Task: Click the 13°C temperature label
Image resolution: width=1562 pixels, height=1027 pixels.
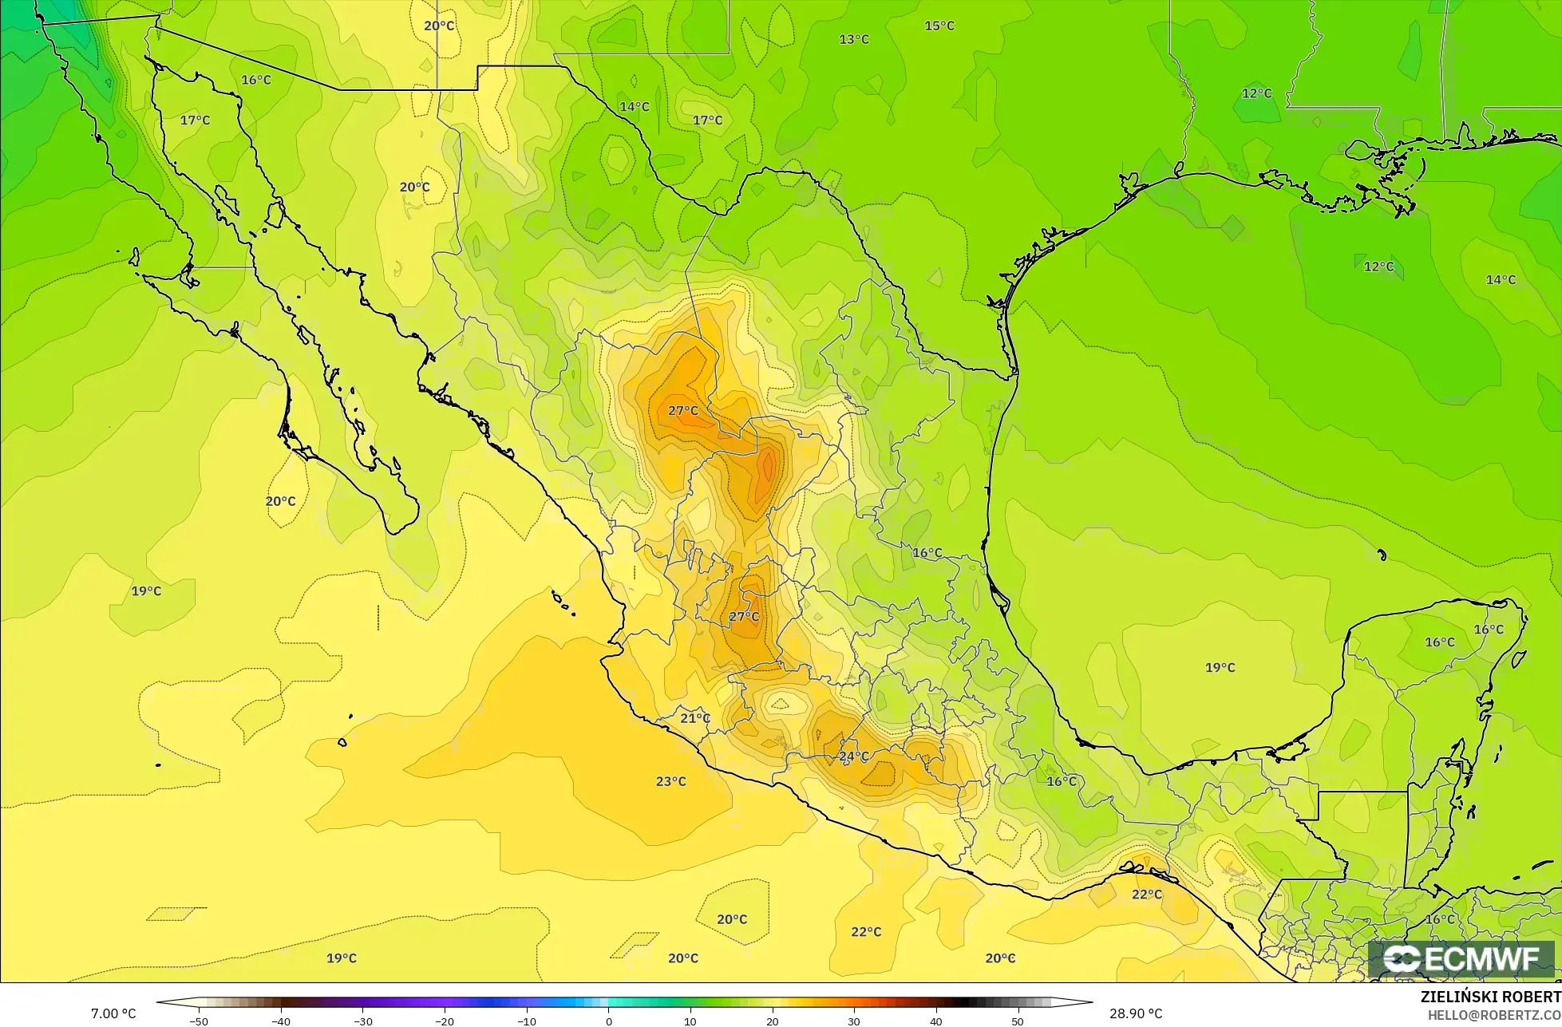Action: pyautogui.click(x=854, y=39)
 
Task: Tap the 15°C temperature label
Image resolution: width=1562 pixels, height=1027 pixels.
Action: pyautogui.click(x=939, y=26)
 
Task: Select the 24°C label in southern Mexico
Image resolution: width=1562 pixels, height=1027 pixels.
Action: pyautogui.click(x=853, y=756)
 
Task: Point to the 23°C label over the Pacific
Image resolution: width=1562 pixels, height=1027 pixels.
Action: pyautogui.click(x=670, y=781)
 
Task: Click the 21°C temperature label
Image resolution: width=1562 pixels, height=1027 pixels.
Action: pyautogui.click(x=695, y=718)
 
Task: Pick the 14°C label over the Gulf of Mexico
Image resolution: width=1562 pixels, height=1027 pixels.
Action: pyautogui.click(x=1501, y=279)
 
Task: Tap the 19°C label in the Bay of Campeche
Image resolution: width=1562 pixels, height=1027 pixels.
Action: pyautogui.click(x=1220, y=667)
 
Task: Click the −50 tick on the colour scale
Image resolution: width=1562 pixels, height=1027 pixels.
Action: pyautogui.click(x=199, y=1021)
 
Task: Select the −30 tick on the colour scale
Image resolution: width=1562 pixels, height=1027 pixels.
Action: pyautogui.click(x=362, y=1021)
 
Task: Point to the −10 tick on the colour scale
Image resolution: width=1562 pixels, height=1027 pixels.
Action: pyautogui.click(x=526, y=1021)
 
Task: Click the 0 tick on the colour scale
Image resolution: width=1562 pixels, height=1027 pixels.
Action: pyautogui.click(x=608, y=1021)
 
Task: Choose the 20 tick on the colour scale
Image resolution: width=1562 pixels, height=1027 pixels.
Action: pyautogui.click(x=772, y=1021)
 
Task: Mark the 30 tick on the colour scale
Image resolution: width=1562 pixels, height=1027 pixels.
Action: pyautogui.click(x=854, y=1021)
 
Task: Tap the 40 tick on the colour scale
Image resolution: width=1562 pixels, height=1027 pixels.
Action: pyautogui.click(x=935, y=1021)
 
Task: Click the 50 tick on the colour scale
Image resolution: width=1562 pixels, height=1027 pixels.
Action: pyautogui.click(x=1018, y=1021)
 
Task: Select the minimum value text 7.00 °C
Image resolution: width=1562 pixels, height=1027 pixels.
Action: pyautogui.click(x=113, y=1013)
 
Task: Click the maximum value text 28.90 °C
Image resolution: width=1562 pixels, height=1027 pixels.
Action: pyautogui.click(x=1136, y=1013)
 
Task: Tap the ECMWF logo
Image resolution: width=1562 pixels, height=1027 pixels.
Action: pyautogui.click(x=1461, y=959)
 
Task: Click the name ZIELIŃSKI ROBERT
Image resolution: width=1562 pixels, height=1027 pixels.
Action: pyautogui.click(x=1490, y=997)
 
